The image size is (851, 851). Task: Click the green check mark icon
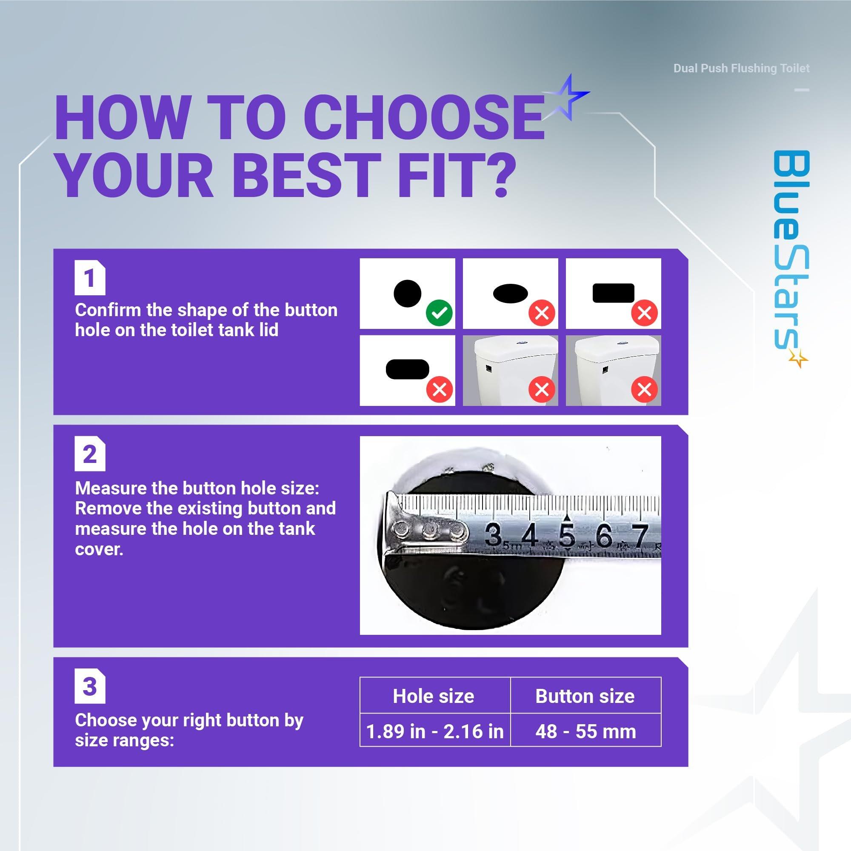[440, 313]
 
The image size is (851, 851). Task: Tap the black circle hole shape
[408, 293]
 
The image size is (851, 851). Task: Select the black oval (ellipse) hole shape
[510, 293]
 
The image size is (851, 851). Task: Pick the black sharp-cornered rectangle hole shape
[613, 293]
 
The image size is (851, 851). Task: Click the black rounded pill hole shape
[408, 369]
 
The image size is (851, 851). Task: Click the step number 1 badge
[90, 278]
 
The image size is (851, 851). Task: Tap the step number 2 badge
[90, 454]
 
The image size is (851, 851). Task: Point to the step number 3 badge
[90, 687]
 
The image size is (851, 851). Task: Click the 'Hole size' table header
[434, 697]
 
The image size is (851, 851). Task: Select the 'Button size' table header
[585, 697]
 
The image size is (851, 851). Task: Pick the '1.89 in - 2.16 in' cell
[435, 731]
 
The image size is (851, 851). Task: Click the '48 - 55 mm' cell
[586, 731]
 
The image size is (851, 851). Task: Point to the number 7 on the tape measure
[640, 536]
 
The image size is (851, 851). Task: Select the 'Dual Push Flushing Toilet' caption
[741, 68]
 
